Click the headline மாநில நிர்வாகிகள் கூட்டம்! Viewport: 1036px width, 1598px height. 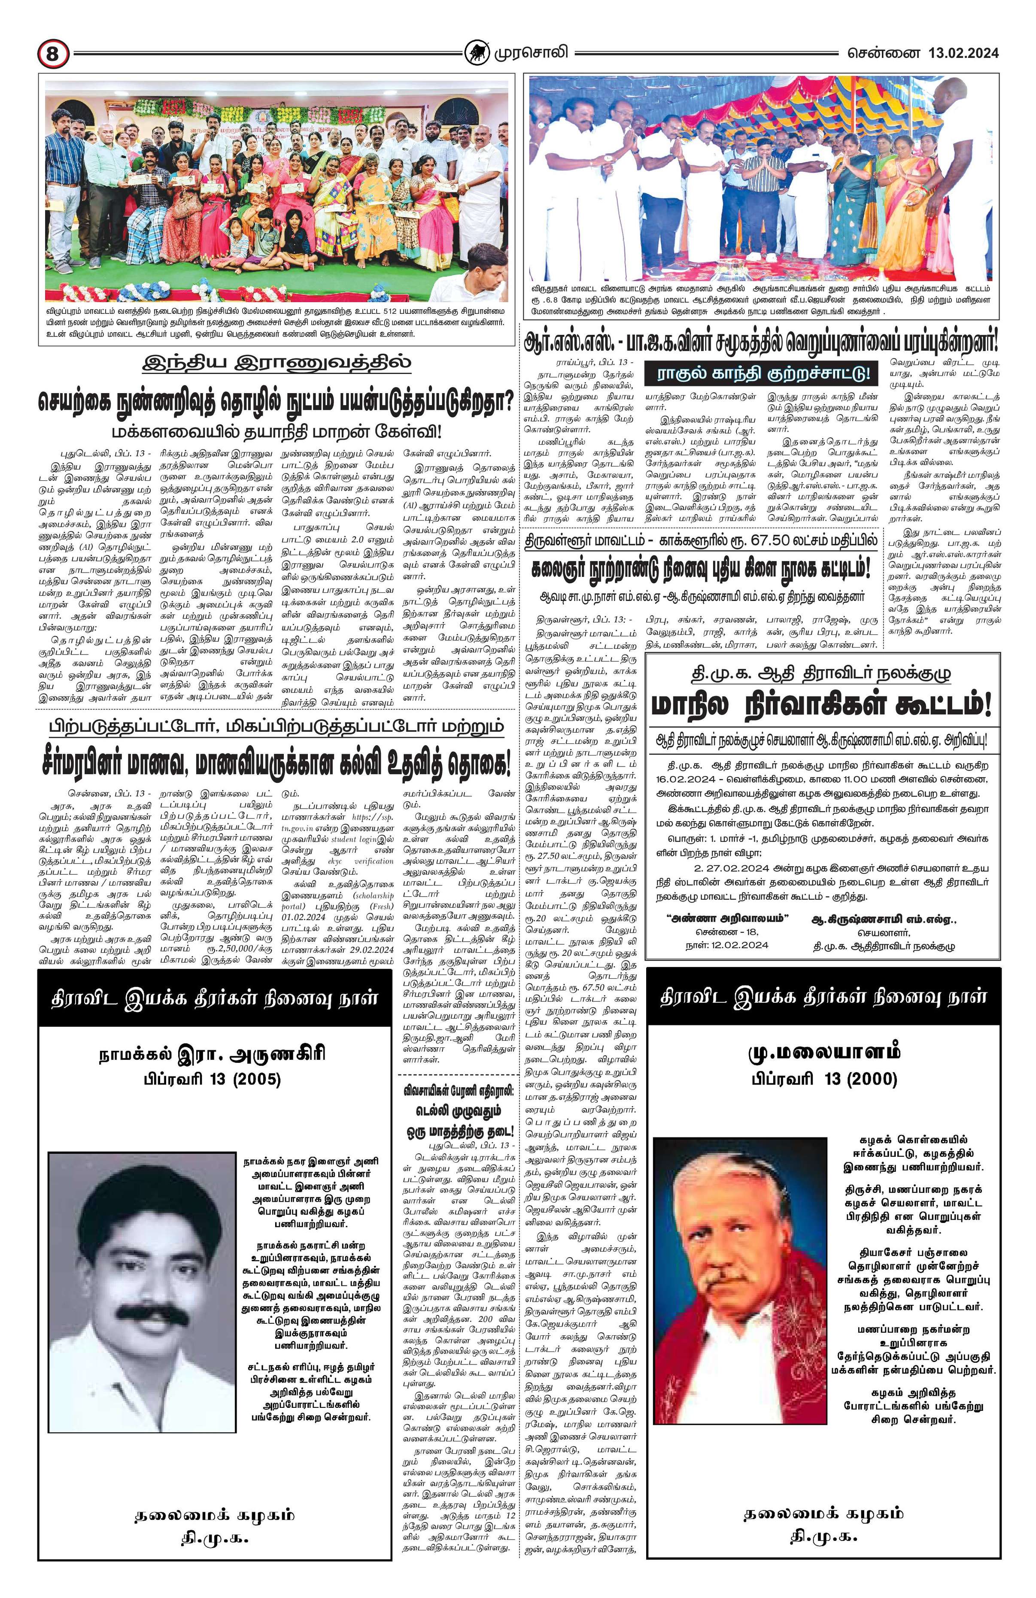tap(822, 705)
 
